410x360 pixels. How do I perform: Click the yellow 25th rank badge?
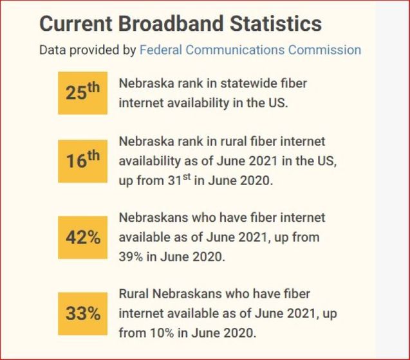pos(82,93)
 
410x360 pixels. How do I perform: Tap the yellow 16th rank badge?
pos(82,161)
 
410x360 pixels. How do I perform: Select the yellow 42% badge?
pos(82,237)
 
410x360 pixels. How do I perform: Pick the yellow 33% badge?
pos(82,314)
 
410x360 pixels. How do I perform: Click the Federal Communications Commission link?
pos(250,50)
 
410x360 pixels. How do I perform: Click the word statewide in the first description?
pos(239,84)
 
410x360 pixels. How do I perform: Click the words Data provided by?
pos(88,50)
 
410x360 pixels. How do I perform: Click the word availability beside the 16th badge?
pos(147,161)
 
